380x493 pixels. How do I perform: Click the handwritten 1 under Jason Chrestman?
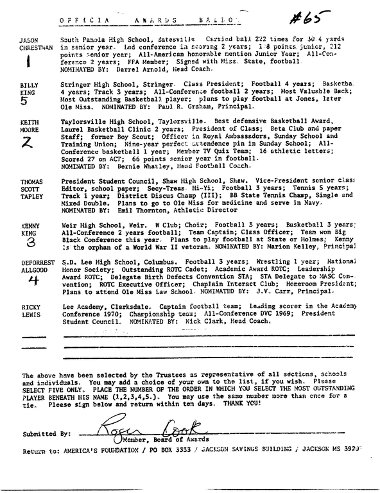click(27, 65)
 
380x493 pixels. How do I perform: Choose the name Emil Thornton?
click(146, 210)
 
